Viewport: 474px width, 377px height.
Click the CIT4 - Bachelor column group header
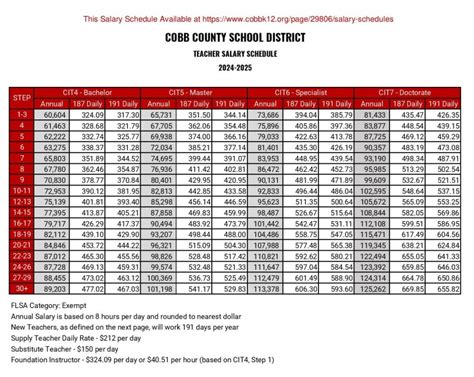(x=91, y=92)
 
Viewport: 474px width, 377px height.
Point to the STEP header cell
(x=21, y=97)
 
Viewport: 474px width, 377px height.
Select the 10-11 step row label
(x=21, y=190)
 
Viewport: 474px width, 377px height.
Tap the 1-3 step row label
(x=21, y=115)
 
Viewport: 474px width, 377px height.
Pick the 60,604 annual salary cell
(x=55, y=115)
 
